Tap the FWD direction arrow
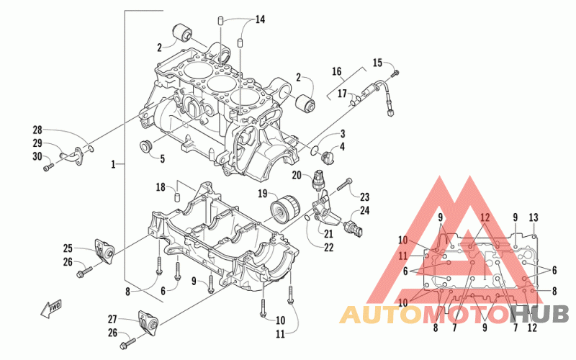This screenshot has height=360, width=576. pyautogui.click(x=51, y=308)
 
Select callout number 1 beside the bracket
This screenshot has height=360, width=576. pyautogui.click(x=114, y=164)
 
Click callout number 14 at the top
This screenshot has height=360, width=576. pyautogui.click(x=260, y=19)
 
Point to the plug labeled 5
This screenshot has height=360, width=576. pyautogui.click(x=147, y=146)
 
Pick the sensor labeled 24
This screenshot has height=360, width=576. pyautogui.click(x=354, y=228)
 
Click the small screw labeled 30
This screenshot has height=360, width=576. pyautogui.click(x=48, y=168)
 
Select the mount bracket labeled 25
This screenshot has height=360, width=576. pyautogui.click(x=104, y=251)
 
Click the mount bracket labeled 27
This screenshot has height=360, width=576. pyautogui.click(x=148, y=323)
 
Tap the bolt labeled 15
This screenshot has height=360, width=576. pyautogui.click(x=395, y=73)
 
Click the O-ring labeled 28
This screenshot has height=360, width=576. pyautogui.click(x=91, y=148)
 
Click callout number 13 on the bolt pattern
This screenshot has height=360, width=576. pyautogui.click(x=534, y=218)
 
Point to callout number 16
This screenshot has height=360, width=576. pyautogui.click(x=336, y=71)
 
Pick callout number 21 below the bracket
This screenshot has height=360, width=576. pyautogui.click(x=328, y=233)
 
